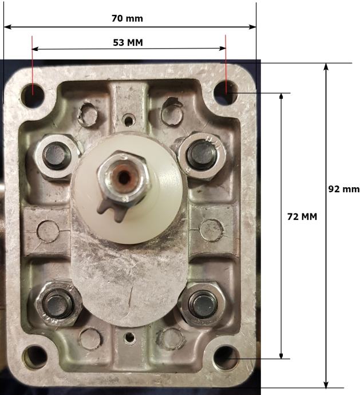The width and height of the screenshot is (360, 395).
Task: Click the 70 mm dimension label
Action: tap(127, 18)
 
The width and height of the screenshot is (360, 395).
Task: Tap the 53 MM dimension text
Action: tap(128, 42)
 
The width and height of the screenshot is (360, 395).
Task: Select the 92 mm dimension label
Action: tap(344, 189)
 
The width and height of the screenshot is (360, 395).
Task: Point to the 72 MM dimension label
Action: tap(302, 216)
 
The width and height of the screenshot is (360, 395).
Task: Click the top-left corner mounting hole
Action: tap(33, 96)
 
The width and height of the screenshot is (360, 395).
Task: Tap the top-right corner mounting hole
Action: tap(226, 92)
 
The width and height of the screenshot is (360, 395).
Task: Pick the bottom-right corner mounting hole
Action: tap(226, 358)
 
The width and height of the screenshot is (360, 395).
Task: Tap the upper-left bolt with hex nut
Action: tap(56, 155)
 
